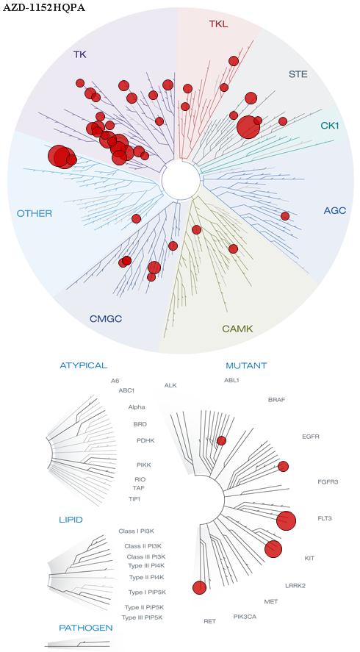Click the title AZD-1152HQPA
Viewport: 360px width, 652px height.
(x=44, y=7)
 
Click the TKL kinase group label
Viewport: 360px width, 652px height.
(x=218, y=24)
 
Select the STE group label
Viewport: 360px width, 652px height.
(x=298, y=74)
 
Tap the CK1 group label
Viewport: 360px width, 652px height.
(x=330, y=125)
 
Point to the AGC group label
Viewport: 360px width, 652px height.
(x=334, y=210)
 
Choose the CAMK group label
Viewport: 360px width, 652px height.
(x=237, y=329)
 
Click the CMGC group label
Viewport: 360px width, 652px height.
(x=106, y=319)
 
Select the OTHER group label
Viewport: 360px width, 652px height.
(x=34, y=214)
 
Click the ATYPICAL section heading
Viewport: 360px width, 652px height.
(x=84, y=365)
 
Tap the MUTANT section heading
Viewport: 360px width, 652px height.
(x=246, y=366)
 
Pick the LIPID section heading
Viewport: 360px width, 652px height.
(x=71, y=520)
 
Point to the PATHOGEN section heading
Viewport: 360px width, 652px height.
(x=86, y=628)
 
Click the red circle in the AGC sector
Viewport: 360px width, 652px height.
(x=285, y=216)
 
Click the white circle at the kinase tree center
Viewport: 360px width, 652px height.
(x=181, y=180)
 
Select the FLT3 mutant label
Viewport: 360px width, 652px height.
(x=325, y=518)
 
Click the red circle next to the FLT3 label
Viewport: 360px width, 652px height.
(x=286, y=520)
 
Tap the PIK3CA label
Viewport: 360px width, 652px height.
(x=245, y=616)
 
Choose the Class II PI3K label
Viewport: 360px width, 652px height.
(x=140, y=546)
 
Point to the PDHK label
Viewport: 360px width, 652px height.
(x=145, y=440)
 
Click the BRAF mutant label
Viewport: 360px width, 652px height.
(x=276, y=400)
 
